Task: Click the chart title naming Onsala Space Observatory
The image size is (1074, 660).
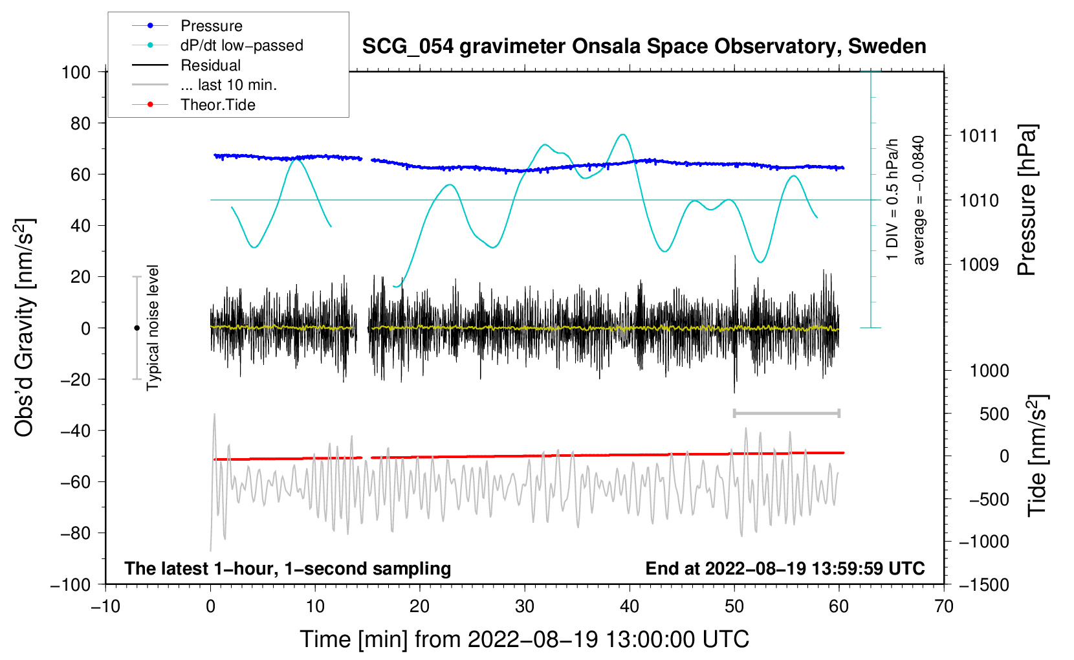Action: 644,47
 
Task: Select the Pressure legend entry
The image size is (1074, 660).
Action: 211,26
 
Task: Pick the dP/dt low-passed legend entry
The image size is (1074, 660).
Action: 241,45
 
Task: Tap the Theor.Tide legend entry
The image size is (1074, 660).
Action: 217,105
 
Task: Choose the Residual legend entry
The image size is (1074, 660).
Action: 210,65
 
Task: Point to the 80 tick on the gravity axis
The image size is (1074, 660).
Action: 76,123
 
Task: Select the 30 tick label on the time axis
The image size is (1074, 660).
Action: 525,606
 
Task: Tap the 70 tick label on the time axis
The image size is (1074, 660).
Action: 944,606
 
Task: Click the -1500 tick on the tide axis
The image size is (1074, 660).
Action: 984,584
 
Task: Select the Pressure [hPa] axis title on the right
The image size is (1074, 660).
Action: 1027,200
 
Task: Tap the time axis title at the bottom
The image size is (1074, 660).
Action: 525,639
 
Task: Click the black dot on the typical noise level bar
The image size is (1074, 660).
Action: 137,328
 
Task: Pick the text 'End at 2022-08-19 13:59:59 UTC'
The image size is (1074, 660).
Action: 785,569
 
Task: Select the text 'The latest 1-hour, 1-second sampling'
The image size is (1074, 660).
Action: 288,569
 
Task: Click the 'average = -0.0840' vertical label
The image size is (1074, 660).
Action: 918,200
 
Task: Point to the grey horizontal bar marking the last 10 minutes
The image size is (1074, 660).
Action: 786,413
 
